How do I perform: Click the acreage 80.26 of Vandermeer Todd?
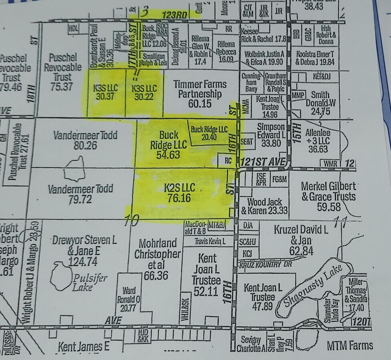(85, 145)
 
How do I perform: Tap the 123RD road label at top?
(174, 14)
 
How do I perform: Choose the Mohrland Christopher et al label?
(157, 259)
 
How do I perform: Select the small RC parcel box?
(229, 161)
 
